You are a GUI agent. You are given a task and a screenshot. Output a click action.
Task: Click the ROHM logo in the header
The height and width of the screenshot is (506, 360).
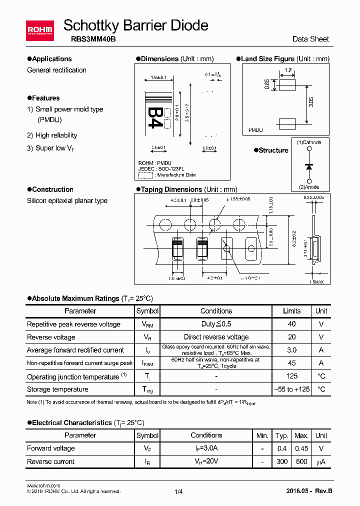pyautogui.click(x=39, y=30)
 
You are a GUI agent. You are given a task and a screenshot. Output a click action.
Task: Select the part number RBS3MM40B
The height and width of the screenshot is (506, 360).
pyautogui.click(x=82, y=38)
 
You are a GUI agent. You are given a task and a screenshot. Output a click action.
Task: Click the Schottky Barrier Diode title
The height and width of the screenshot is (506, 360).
pyautogui.click(x=136, y=25)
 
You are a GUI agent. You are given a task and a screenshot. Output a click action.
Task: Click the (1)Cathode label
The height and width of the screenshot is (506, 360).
pyautogui.click(x=309, y=142)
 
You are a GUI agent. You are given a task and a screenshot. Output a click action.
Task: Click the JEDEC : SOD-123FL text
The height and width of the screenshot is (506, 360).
pyautogui.click(x=160, y=169)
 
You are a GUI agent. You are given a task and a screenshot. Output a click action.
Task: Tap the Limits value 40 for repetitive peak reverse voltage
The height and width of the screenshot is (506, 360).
pyautogui.click(x=292, y=324)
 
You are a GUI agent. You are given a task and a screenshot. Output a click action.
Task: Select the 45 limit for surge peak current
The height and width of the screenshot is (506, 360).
pyautogui.click(x=292, y=363)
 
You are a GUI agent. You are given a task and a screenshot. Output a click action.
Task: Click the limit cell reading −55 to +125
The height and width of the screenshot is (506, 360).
pyautogui.click(x=292, y=389)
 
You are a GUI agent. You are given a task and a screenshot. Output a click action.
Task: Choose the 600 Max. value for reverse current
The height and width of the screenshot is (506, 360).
pyautogui.click(x=301, y=461)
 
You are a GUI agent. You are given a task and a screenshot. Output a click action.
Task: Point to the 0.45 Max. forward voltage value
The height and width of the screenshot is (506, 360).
pyautogui.click(x=301, y=448)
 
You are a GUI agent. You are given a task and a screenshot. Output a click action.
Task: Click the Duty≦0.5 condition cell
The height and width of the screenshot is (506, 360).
pyautogui.click(x=216, y=324)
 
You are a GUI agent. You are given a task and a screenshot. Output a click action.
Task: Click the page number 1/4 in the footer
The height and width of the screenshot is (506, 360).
pyautogui.click(x=179, y=491)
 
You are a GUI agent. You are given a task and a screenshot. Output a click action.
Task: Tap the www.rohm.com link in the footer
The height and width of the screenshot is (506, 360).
pyautogui.click(x=43, y=485)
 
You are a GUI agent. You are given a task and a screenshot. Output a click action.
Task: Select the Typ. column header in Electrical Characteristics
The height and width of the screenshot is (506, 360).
pyautogui.click(x=282, y=435)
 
